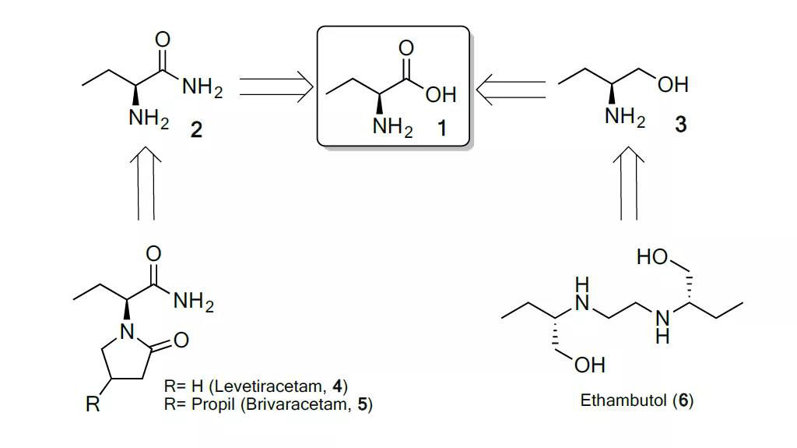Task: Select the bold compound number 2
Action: click(x=196, y=129)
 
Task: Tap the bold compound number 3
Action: click(x=681, y=125)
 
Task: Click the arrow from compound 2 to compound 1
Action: click(x=275, y=87)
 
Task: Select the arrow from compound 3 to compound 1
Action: click(x=511, y=87)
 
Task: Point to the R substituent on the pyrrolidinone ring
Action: click(x=92, y=405)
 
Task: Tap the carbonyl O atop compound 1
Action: click(x=405, y=48)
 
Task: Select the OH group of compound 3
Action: click(x=672, y=84)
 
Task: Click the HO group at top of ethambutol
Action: click(x=651, y=258)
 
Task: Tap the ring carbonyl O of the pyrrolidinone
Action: click(x=181, y=340)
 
